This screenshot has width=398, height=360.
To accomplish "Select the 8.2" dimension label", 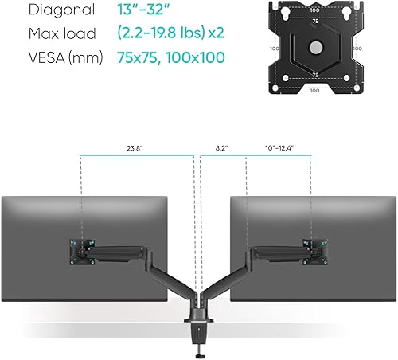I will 221,148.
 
